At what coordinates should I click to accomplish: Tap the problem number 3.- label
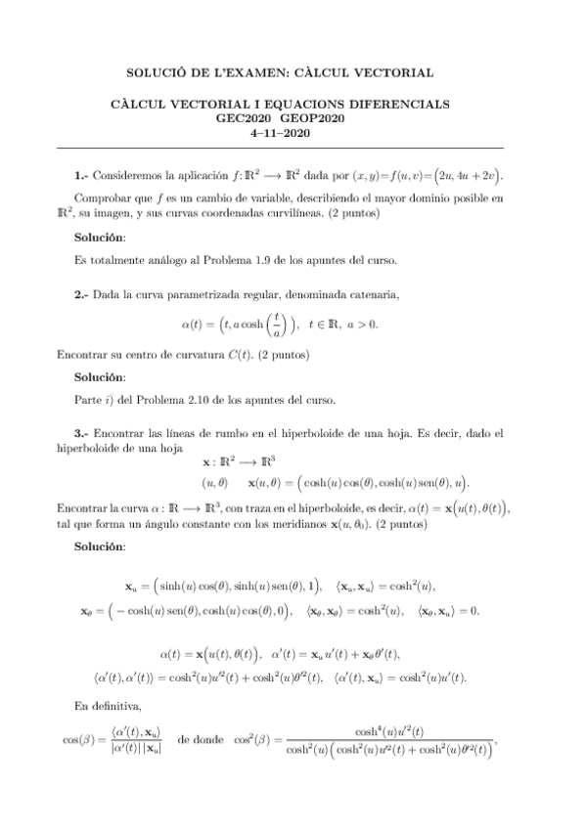81,432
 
